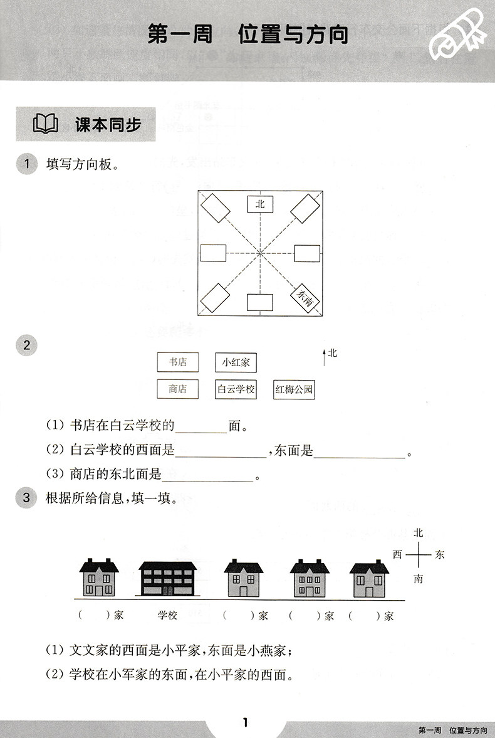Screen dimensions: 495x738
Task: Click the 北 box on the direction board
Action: (x=260, y=204)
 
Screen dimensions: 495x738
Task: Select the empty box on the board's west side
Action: (x=213, y=253)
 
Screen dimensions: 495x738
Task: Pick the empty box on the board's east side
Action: (x=307, y=253)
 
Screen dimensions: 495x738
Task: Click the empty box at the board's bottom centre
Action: (x=260, y=302)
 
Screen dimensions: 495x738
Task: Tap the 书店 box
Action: (x=172, y=362)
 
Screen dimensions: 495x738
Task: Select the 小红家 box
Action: (x=236, y=362)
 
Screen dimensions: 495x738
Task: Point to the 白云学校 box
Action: (x=236, y=389)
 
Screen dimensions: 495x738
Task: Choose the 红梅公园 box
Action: (x=294, y=390)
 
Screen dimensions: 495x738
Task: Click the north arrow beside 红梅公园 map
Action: (x=324, y=357)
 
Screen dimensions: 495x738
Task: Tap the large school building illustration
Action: (x=167, y=577)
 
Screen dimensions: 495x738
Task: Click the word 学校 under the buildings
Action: (x=167, y=616)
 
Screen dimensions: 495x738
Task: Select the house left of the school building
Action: (x=98, y=577)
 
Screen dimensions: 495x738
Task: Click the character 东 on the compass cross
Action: (x=440, y=555)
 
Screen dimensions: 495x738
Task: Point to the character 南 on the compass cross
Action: (x=418, y=579)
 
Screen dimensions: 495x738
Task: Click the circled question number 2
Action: (x=26, y=345)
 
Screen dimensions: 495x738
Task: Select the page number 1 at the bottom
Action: (x=246, y=723)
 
